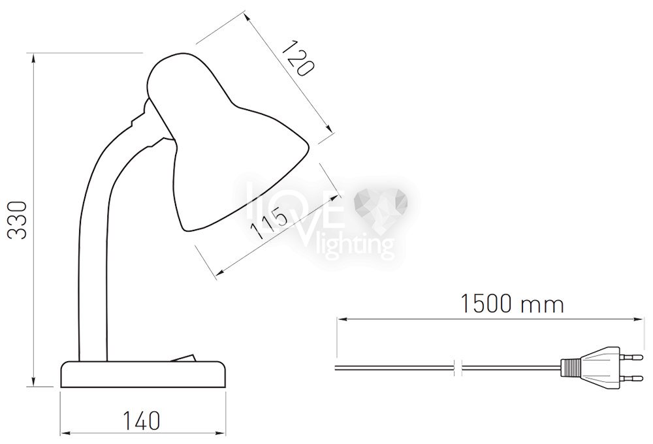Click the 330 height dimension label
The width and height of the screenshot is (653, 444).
[x=18, y=220]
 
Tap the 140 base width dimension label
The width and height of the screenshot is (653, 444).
[x=141, y=421]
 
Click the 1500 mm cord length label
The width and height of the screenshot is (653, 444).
[x=512, y=304]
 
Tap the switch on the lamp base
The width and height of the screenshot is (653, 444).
[x=182, y=358]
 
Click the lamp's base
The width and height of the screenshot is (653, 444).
[x=144, y=374]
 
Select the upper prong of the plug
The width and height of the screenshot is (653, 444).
[x=631, y=357]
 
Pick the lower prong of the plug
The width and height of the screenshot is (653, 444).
[x=631, y=378]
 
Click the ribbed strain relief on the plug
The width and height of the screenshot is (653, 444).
[x=571, y=368]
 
